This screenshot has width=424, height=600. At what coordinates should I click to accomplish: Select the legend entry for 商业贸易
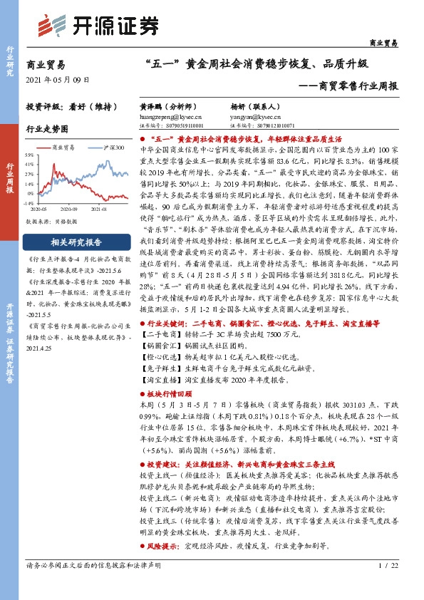pyautogui.click(x=65, y=147)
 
